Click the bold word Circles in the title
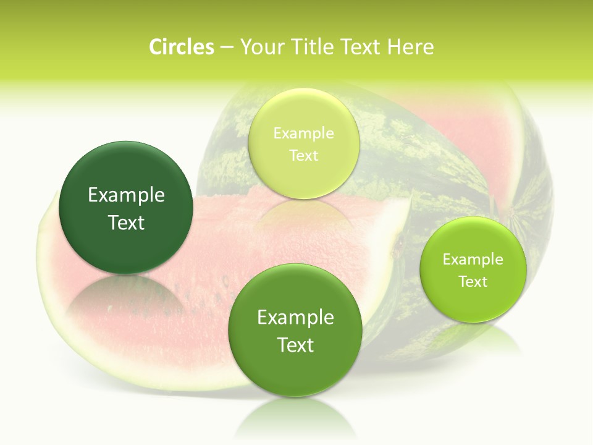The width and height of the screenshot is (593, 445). click(x=182, y=47)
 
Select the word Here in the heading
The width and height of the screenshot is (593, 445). click(x=410, y=47)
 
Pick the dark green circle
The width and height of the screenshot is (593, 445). click(x=126, y=208)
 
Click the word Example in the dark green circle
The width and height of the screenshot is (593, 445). click(x=126, y=195)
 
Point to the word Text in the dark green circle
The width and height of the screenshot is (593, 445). click(x=126, y=222)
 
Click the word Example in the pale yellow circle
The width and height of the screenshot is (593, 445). click(x=303, y=133)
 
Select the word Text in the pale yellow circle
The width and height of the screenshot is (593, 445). click(x=303, y=155)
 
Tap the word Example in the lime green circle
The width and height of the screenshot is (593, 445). click(x=473, y=259)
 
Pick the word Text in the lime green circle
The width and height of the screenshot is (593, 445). click(x=473, y=281)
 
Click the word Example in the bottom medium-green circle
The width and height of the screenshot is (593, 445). click(x=295, y=318)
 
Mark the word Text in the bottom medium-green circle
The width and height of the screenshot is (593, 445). click(x=295, y=345)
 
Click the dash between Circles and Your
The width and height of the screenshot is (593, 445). click(x=227, y=47)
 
